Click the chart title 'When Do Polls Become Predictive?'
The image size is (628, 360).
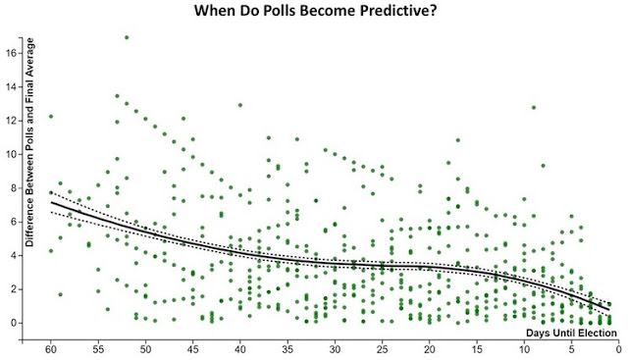click(x=315, y=10)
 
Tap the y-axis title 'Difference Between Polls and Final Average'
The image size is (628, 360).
click(x=30, y=142)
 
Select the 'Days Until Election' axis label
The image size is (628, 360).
click(x=571, y=333)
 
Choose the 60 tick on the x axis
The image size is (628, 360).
click(x=51, y=349)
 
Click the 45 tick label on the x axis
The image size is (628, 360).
click(x=192, y=349)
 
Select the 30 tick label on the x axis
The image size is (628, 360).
click(x=335, y=349)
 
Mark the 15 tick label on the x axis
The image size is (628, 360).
click(x=477, y=349)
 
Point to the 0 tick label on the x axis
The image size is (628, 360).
click(x=618, y=349)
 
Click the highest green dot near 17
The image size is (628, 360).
click(x=127, y=37)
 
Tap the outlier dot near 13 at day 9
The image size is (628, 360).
click(x=534, y=107)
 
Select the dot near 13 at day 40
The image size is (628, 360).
click(x=240, y=105)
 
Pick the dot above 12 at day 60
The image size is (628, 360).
click(x=51, y=117)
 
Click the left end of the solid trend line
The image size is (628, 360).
click(x=51, y=202)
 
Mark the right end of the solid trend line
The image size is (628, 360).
click(x=609, y=310)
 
